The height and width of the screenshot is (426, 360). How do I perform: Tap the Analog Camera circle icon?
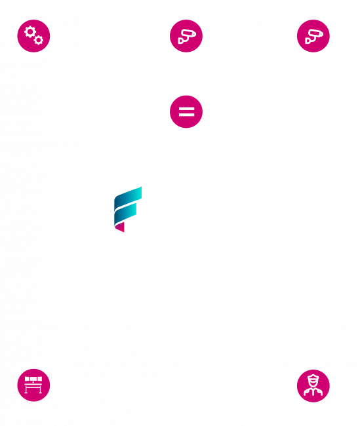point(187,36)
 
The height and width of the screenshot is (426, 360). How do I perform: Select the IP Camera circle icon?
point(313,36)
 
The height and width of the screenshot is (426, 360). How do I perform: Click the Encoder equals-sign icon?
point(187,111)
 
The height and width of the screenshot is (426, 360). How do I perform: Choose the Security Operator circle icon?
point(313,387)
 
